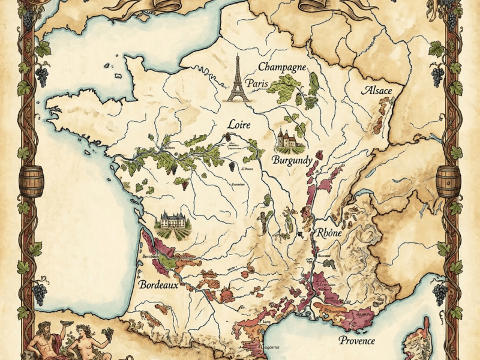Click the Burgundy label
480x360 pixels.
click(x=291, y=160)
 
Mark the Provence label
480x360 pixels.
click(x=356, y=340)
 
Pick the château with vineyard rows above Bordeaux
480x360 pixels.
click(x=173, y=223)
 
